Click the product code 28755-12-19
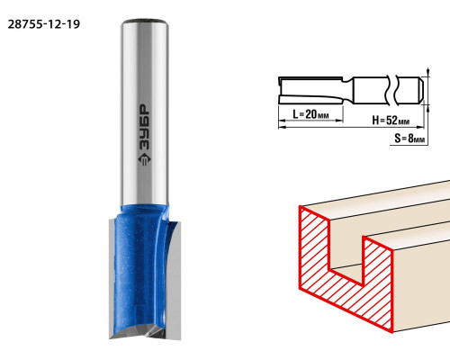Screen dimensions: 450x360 tap(44, 24)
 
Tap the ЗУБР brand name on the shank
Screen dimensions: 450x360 tap(145, 127)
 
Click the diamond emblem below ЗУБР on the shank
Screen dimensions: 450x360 tap(145, 159)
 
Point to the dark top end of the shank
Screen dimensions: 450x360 tap(144, 22)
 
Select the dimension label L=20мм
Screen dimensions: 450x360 tap(310, 114)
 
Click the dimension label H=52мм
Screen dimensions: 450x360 tap(391, 121)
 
